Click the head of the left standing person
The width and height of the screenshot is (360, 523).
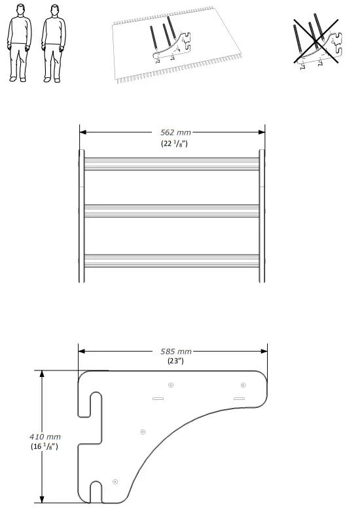[21, 11]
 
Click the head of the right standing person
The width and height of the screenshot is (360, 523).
[54, 11]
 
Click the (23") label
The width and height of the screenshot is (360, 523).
[172, 361]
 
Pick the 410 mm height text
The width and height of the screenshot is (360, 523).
[45, 435]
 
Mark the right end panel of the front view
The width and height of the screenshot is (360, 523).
[262, 216]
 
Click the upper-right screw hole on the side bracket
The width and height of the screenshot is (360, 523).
[243, 384]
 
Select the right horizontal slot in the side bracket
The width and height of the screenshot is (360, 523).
[239, 398]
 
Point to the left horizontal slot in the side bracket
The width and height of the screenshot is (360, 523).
[158, 398]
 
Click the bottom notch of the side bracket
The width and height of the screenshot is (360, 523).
[96, 492]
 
